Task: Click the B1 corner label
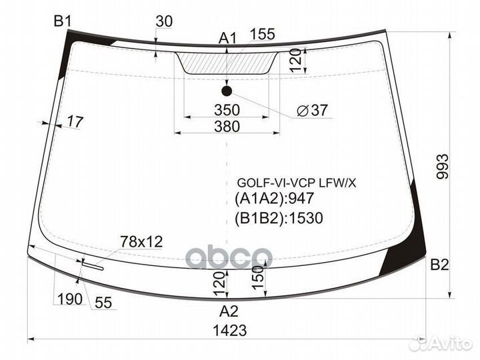[63, 21]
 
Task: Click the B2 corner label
[439, 265]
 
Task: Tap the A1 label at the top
[229, 39]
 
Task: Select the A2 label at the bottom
[229, 310]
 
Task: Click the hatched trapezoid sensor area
[227, 63]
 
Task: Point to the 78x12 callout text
[141, 241]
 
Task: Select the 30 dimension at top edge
[164, 21]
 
